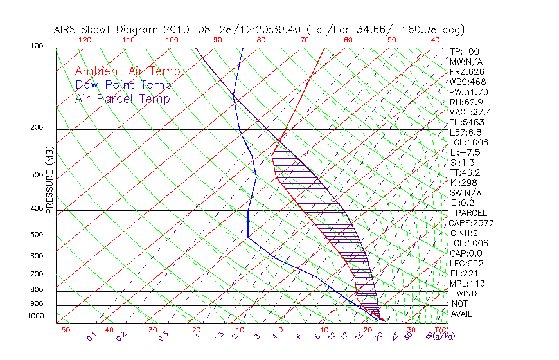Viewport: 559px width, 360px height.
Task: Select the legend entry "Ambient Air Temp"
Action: coord(127,71)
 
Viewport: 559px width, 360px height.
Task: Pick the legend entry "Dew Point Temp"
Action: coord(123,85)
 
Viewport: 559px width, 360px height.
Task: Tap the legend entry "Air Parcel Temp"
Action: coord(122,99)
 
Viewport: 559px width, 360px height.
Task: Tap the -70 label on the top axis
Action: coord(301,40)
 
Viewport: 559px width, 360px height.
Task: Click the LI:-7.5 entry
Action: coord(465,152)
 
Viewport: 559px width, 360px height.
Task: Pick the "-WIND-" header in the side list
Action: coord(466,293)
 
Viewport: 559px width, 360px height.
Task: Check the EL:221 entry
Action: coord(463,273)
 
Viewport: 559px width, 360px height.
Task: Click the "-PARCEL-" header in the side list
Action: coord(471,213)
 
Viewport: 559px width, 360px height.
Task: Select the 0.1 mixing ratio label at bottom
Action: coord(92,337)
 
